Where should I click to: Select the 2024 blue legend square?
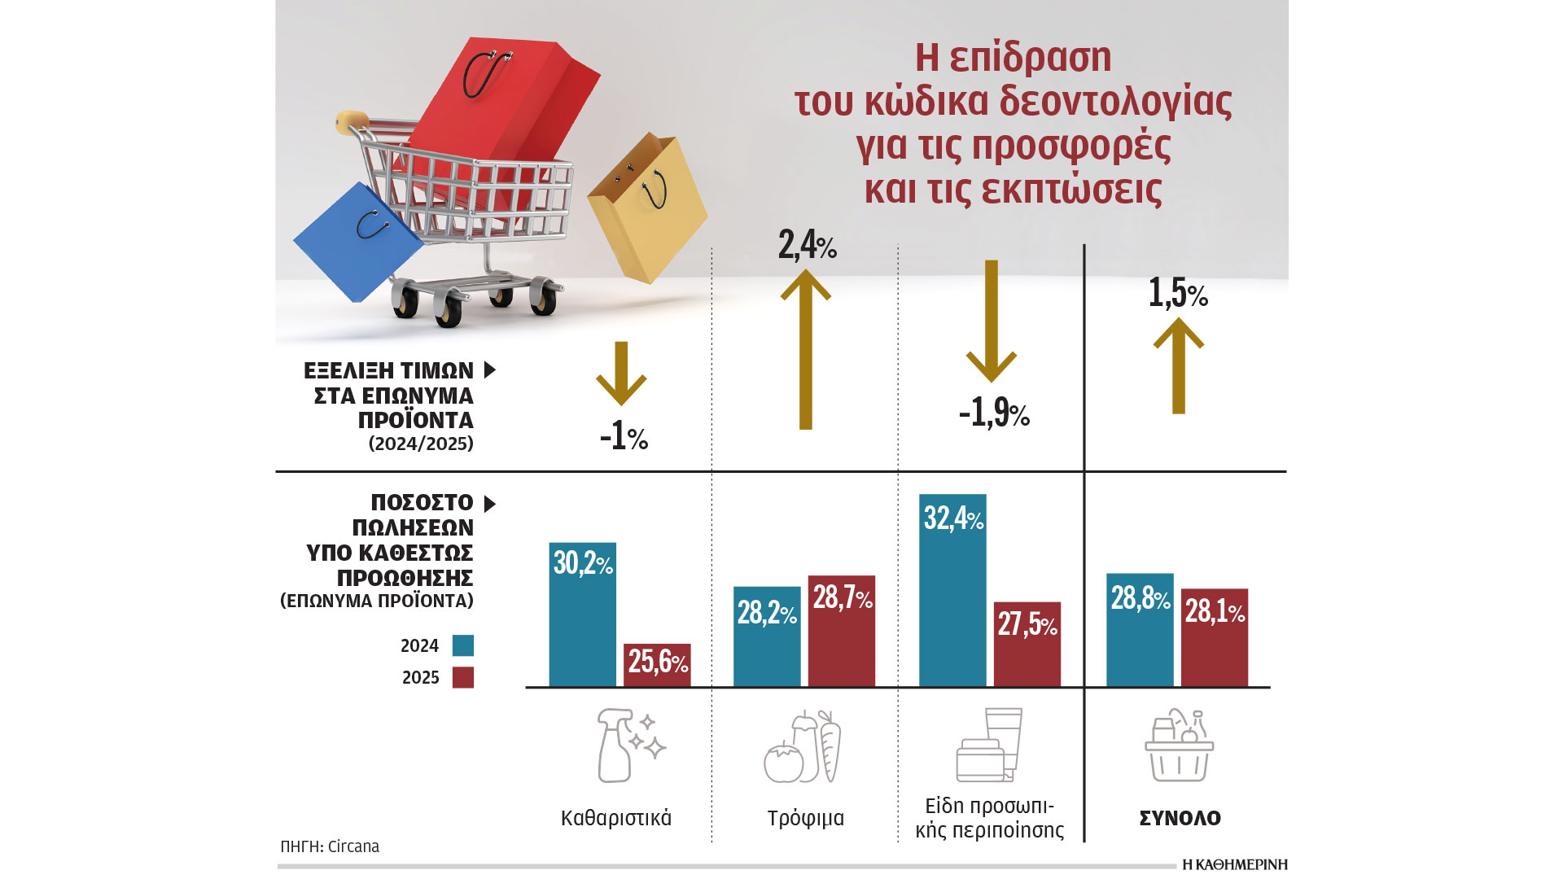(463, 645)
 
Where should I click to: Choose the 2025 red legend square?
(463, 677)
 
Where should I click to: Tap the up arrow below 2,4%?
(806, 350)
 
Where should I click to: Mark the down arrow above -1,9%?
(991, 321)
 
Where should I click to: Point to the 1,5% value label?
(1177, 293)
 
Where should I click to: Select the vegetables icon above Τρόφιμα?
(803, 746)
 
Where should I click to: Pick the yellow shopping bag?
(647, 208)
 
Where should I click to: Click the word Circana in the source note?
(353, 846)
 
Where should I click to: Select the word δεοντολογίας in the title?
(1115, 101)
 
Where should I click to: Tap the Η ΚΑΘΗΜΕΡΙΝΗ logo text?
(1234, 864)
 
